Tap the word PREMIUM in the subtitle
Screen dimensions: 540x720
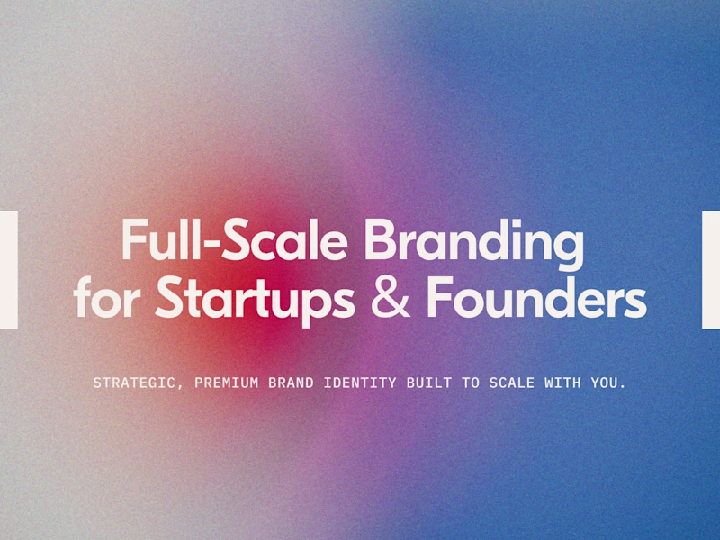[x=222, y=382]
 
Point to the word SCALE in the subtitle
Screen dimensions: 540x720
[x=511, y=382]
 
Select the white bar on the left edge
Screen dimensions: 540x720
[x=8, y=270]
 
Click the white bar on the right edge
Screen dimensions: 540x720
[x=711, y=270]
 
